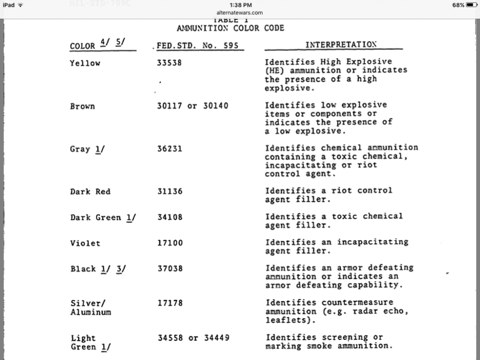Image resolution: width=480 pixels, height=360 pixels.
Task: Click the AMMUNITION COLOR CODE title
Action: pos(230,28)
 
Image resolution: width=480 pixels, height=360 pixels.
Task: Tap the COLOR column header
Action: pos(83,46)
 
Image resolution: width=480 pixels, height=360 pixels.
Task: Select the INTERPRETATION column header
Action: pos(341,45)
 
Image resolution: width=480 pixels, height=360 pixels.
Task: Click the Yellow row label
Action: pos(85,63)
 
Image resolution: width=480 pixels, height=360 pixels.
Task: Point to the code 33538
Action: pos(169,62)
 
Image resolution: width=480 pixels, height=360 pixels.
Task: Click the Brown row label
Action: pos(83,107)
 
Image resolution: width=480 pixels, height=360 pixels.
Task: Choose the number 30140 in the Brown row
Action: pos(215,106)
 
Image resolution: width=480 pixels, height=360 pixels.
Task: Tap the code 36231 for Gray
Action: pos(169,149)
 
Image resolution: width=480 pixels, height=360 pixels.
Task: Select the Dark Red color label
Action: pos(90,192)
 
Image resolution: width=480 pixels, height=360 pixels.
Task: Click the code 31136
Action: pos(169,191)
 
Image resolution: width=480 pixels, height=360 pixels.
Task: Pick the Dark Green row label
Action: pos(96,217)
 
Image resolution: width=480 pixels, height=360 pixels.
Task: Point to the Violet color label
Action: pos(85,243)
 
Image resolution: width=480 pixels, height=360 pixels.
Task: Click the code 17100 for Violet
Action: pos(170,243)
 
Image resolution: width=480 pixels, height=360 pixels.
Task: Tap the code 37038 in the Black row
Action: pos(170,269)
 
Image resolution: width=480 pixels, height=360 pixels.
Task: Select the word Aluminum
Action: pos(91,312)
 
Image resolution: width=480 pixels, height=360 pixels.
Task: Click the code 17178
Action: pos(170,303)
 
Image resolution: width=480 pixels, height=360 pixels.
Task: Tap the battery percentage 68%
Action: pos(458,5)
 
